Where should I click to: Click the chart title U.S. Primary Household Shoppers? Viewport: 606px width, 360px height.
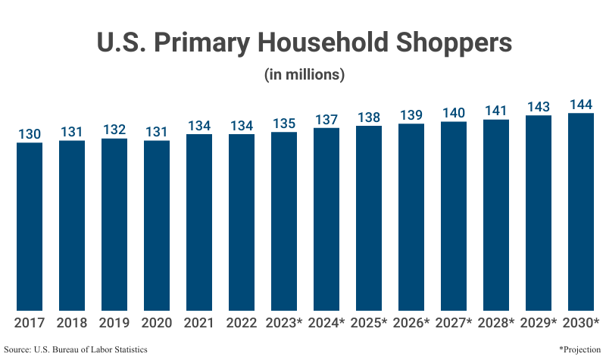[x=304, y=42]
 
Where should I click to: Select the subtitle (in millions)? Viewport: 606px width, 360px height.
[x=304, y=75]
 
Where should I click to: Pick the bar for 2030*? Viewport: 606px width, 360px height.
[x=581, y=212]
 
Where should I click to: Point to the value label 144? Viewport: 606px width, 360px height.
[x=581, y=104]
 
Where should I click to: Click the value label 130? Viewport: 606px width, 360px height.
[x=30, y=133]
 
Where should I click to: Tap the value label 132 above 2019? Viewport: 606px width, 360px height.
[x=114, y=130]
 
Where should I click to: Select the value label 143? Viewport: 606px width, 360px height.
[x=539, y=106]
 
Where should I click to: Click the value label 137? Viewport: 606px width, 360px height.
[x=326, y=119]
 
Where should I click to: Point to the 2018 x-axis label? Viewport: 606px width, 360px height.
[x=72, y=323]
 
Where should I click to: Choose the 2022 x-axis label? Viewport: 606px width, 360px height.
[x=242, y=323]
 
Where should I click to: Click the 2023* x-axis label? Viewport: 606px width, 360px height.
[x=284, y=323]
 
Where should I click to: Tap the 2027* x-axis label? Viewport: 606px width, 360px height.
[x=454, y=323]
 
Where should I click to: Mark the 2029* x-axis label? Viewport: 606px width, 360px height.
[x=539, y=323]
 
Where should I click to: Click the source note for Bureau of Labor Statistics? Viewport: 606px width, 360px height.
[x=76, y=349]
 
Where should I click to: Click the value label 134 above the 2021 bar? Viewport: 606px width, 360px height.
[x=199, y=126]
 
